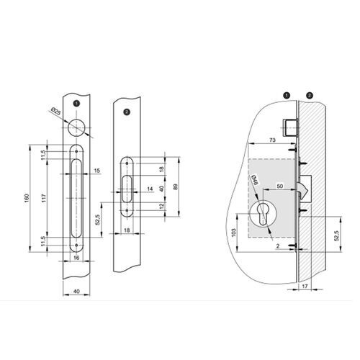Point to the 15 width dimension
[x=96, y=169]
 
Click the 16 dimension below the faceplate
[x=76, y=257]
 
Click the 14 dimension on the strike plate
[x=150, y=189]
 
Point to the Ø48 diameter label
[x=254, y=182]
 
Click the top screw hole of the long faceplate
[x=76, y=153]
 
